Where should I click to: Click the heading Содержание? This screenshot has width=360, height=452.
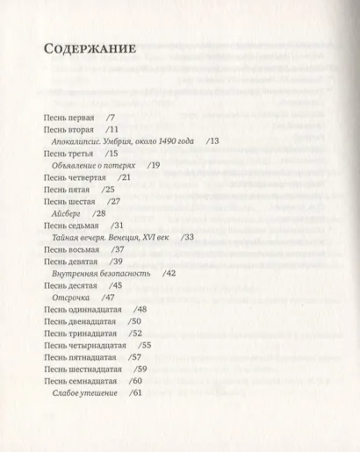coord(90,48)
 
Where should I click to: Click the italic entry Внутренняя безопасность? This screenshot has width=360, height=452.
coord(102,274)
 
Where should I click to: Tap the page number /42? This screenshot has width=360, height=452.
coord(169,274)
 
